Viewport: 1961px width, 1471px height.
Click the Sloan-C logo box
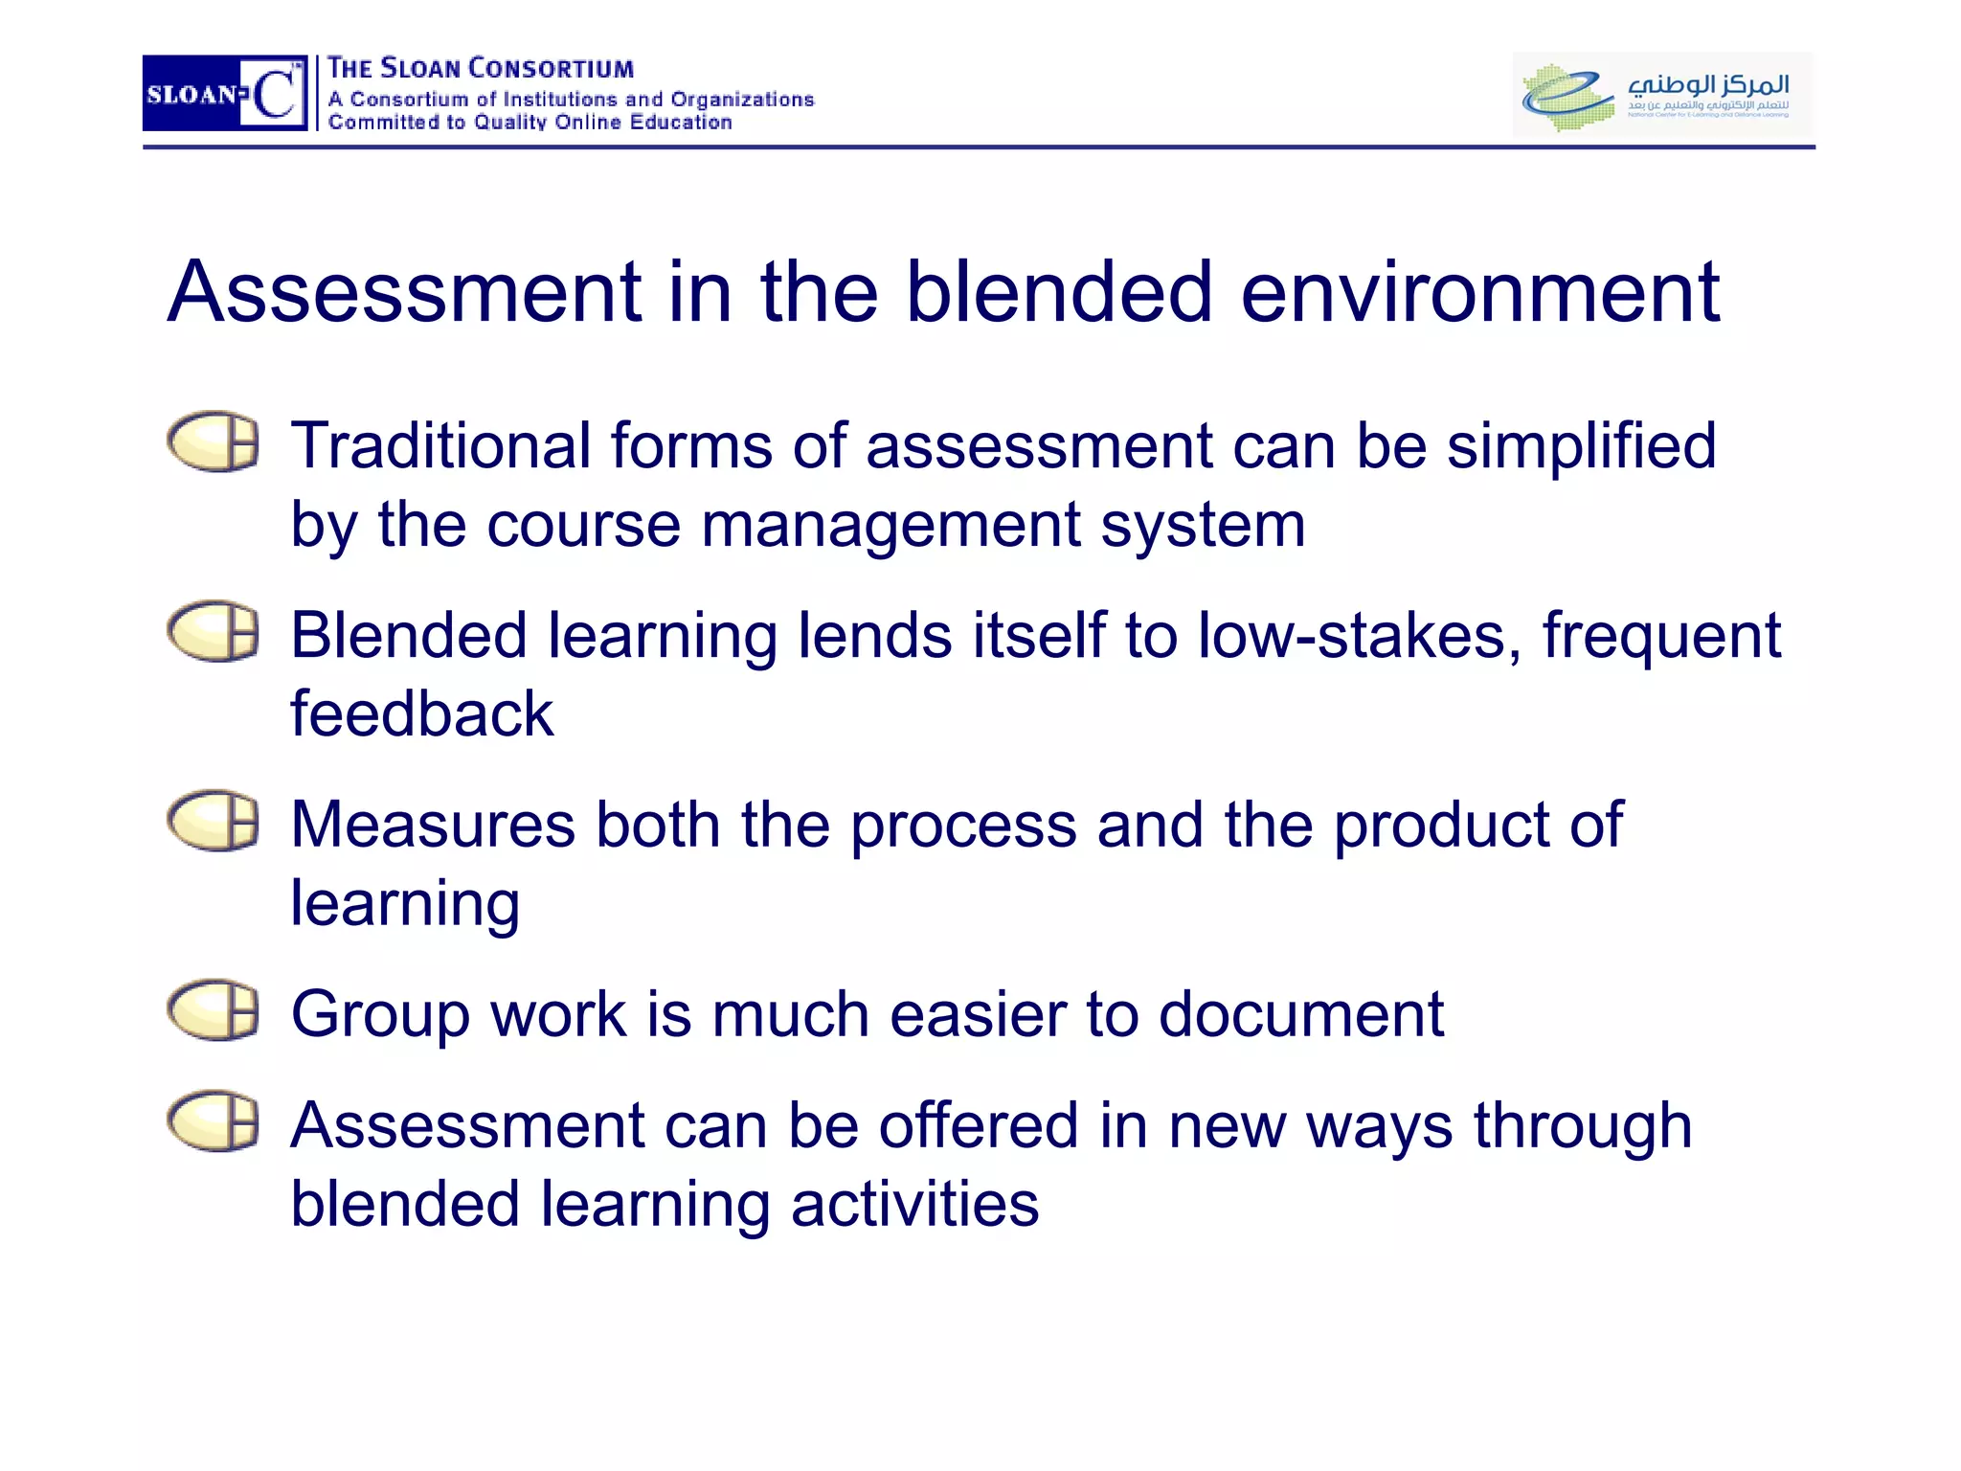pos(225,93)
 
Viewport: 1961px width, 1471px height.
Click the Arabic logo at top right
pos(1662,94)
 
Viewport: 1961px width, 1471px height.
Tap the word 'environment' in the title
pos(1480,292)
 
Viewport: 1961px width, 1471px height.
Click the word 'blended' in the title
pos(1059,292)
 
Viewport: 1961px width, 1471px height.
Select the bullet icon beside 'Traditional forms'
pos(214,441)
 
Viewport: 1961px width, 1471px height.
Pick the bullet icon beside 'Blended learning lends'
pos(214,631)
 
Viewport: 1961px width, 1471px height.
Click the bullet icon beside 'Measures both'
pos(214,821)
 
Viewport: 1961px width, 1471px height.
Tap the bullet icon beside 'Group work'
pos(214,1009)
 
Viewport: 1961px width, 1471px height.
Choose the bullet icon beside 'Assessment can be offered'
pos(214,1120)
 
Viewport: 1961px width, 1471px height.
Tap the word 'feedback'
pos(421,714)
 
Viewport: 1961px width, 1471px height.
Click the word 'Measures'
pos(433,825)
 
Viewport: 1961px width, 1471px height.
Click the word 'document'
pos(1300,1014)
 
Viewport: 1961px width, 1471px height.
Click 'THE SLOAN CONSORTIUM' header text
pos(481,68)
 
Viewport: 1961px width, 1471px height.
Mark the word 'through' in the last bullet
pos(1582,1126)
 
